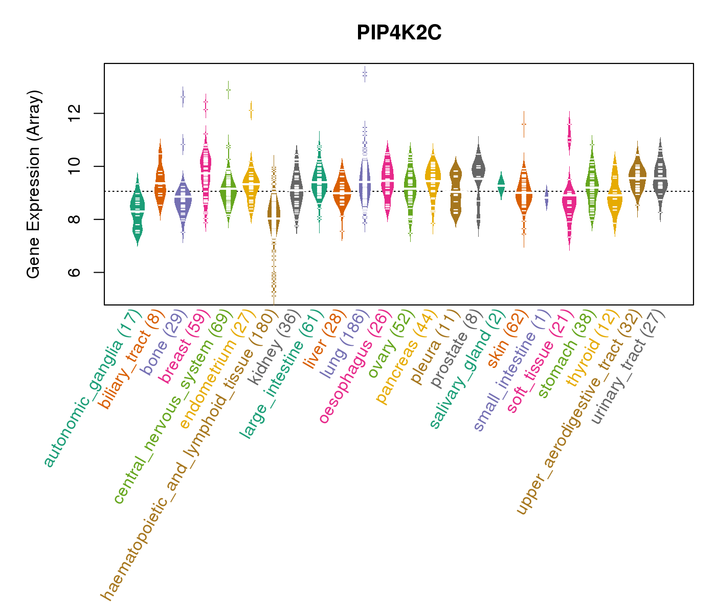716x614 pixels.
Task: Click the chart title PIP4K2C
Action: (x=399, y=33)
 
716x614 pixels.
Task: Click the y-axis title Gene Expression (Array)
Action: (x=34, y=184)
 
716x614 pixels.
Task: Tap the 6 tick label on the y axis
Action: (x=75, y=272)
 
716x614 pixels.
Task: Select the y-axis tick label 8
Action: (x=75, y=220)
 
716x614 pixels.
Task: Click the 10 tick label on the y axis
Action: (x=75, y=166)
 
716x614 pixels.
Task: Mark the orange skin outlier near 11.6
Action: (x=524, y=124)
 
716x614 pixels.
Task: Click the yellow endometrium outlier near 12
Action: (x=251, y=109)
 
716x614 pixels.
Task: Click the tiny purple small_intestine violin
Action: (x=546, y=197)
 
